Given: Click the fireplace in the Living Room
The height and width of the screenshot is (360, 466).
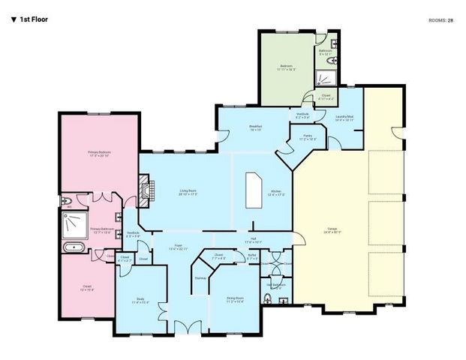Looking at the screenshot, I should [x=144, y=190].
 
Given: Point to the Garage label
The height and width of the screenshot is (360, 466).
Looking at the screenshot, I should [x=331, y=231].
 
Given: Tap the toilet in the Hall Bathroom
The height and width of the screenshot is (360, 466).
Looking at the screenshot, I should [x=269, y=300].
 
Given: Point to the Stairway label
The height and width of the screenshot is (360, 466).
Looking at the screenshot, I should [x=200, y=278].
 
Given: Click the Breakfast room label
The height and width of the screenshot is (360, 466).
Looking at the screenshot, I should [x=256, y=128].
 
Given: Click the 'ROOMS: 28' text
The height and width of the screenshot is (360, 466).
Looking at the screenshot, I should [x=440, y=20].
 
